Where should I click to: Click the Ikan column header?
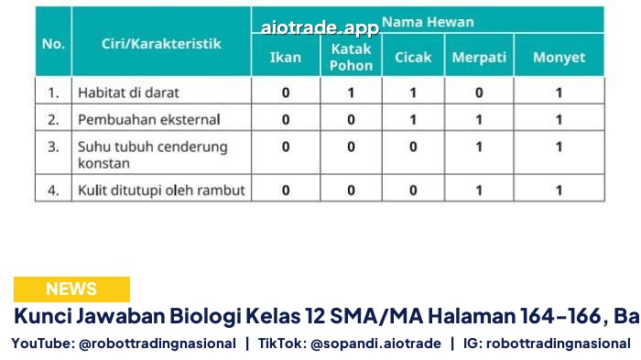286,58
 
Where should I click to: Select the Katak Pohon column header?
351,58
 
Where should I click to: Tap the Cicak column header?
413,58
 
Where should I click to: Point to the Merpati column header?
479,58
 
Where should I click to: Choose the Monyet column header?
559,58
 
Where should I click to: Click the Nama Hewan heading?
428,22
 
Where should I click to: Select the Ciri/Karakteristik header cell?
161,43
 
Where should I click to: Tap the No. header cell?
53,43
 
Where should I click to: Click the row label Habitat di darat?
128,93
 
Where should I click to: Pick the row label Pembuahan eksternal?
148,119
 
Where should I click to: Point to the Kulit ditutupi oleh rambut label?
161,191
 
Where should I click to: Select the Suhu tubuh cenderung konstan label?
152,155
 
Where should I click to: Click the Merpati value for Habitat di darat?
479,93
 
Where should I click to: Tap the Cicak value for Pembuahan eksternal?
413,120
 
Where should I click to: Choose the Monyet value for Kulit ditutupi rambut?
559,191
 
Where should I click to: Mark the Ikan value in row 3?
286,147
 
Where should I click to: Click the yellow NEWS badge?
71,289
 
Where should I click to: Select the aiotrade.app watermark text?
320,27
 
